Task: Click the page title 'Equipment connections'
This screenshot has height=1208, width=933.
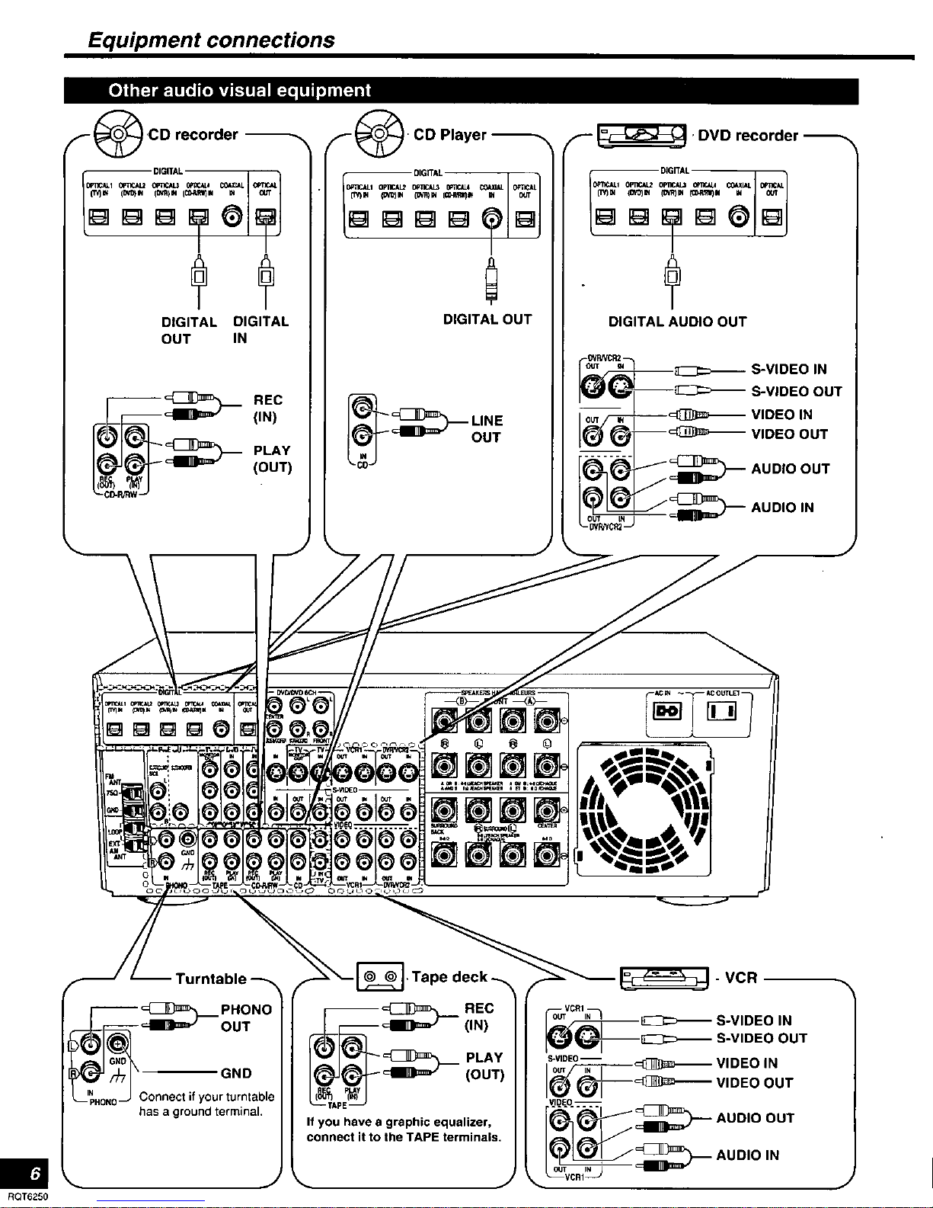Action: click(x=210, y=40)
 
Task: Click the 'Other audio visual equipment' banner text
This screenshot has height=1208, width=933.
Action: click(x=239, y=91)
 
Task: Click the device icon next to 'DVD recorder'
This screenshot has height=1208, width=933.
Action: click(x=643, y=136)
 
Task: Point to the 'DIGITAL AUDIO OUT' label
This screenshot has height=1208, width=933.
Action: click(x=677, y=322)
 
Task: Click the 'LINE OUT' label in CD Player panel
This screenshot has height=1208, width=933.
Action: click(x=487, y=429)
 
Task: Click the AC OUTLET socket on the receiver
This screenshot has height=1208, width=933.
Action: click(x=720, y=712)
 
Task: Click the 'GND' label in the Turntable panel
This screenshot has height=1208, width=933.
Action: click(x=235, y=1073)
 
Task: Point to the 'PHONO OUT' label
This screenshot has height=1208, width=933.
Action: click(x=246, y=1017)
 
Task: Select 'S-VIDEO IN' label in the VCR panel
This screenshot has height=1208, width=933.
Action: click(x=753, y=1021)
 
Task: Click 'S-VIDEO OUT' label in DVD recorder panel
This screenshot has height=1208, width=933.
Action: click(x=796, y=392)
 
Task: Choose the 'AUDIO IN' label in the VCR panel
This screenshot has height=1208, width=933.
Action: click(x=747, y=1155)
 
